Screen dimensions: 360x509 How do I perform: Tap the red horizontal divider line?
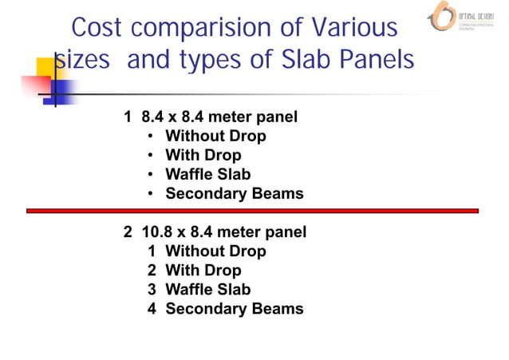(x=252, y=211)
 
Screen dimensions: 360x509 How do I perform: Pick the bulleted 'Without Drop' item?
(x=215, y=136)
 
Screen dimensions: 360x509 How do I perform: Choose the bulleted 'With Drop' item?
(x=203, y=156)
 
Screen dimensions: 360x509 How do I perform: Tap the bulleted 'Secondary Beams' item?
(x=234, y=194)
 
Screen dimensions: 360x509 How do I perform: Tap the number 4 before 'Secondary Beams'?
(x=152, y=308)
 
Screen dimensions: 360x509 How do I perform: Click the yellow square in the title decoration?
(x=45, y=67)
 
